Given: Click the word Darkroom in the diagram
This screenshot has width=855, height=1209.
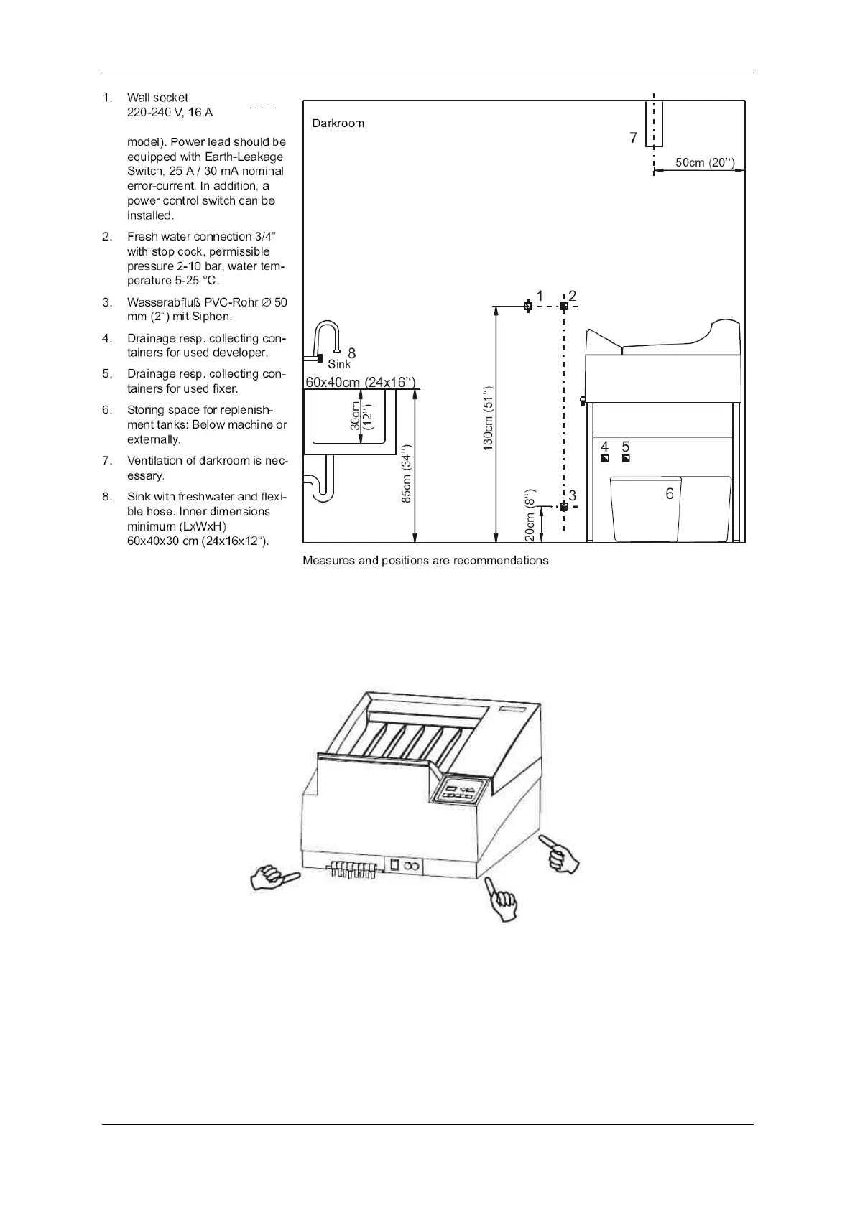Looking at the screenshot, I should click(x=338, y=123).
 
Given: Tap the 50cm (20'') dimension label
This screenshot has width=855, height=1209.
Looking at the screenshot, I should click(x=704, y=162).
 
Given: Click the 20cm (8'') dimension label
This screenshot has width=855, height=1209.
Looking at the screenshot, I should click(x=530, y=515).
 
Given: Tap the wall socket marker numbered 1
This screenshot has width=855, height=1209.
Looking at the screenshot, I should click(x=528, y=307).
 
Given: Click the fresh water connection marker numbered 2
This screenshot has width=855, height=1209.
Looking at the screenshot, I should click(x=563, y=307).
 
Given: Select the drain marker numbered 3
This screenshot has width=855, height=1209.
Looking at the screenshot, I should click(x=563, y=507).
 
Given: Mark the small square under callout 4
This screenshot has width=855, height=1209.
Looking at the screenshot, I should click(x=605, y=459).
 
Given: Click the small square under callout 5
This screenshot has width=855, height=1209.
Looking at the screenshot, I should click(x=626, y=459).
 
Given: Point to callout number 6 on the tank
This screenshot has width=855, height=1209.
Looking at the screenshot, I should click(x=670, y=494).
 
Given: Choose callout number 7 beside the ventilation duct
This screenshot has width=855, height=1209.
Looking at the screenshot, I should click(x=633, y=138).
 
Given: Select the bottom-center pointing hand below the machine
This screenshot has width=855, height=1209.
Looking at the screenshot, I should click(x=502, y=898).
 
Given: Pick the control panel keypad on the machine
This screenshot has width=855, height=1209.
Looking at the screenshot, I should click(x=459, y=791).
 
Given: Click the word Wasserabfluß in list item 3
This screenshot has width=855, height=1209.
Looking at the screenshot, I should click(x=163, y=302).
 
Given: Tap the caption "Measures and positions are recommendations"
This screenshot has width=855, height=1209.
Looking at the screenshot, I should click(x=425, y=561).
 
